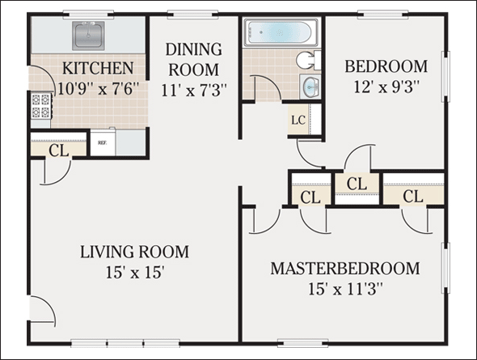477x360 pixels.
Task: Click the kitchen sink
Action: tap(88, 36)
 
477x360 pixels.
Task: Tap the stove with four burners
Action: tap(41, 106)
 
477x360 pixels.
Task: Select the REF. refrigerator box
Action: tap(103, 142)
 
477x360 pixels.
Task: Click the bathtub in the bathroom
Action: tap(279, 32)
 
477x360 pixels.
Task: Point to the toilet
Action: tap(308, 60)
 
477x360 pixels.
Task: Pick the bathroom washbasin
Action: tap(310, 86)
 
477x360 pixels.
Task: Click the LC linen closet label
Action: tap(298, 120)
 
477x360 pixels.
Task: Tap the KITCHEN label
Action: tap(98, 68)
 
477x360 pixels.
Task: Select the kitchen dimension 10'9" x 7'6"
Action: tap(98, 88)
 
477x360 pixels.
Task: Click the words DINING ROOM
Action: tap(194, 59)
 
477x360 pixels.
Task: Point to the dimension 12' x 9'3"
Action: tap(386, 87)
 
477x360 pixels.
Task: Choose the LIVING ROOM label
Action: tap(134, 252)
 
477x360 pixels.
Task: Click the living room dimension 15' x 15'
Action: tap(135, 272)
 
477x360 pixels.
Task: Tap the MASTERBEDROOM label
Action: tap(345, 268)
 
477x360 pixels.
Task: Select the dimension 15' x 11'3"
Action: tap(345, 289)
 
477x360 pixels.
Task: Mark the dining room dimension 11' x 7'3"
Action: tap(194, 90)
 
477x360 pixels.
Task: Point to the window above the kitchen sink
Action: tap(88, 14)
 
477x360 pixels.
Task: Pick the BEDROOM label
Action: tap(386, 66)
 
